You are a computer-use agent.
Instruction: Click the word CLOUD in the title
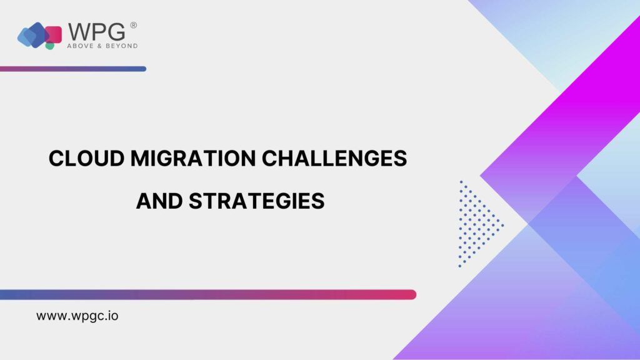(x=86, y=158)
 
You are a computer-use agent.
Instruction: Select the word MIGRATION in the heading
(x=193, y=158)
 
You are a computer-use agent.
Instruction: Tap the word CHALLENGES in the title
(x=334, y=158)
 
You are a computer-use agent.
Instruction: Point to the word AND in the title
(x=159, y=201)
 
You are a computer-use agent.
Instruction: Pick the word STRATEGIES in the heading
(x=257, y=201)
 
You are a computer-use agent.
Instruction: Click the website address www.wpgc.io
(x=77, y=316)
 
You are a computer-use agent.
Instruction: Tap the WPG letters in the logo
(x=97, y=31)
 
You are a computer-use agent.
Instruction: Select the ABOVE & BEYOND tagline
(x=102, y=46)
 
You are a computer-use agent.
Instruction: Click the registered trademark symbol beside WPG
(x=134, y=25)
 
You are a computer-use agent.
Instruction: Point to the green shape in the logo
(x=50, y=46)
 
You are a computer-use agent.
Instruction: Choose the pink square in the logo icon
(x=54, y=34)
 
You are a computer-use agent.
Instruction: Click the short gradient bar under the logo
(x=73, y=69)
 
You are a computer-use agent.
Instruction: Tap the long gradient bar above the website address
(x=208, y=295)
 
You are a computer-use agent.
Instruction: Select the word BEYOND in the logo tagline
(x=122, y=46)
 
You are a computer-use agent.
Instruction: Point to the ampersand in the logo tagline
(x=99, y=46)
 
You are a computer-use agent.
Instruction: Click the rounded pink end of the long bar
(x=412, y=295)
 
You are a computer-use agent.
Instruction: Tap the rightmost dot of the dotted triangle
(x=502, y=225)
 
